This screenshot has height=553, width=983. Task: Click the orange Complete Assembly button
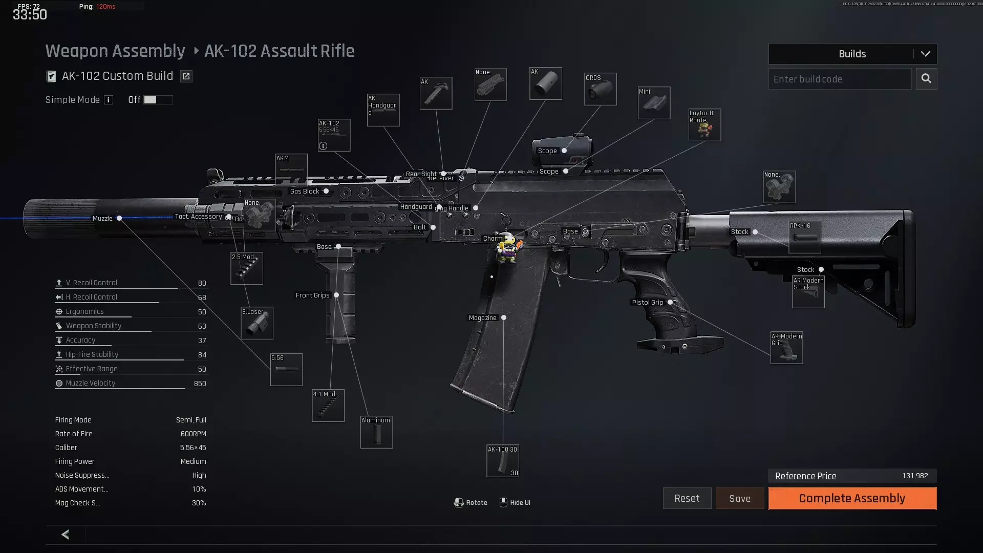pyautogui.click(x=852, y=498)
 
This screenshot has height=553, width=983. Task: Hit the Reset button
pyautogui.click(x=687, y=498)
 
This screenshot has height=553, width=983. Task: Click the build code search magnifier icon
pyautogui.click(x=926, y=79)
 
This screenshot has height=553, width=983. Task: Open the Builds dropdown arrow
pyautogui.click(x=925, y=54)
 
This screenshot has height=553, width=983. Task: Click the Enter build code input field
pyautogui.click(x=840, y=79)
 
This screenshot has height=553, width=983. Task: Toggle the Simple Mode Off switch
pyautogui.click(x=158, y=100)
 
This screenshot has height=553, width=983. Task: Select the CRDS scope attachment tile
pyautogui.click(x=600, y=89)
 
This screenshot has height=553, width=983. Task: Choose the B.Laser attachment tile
pyautogui.click(x=257, y=323)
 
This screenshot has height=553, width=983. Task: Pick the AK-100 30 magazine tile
pyautogui.click(x=502, y=461)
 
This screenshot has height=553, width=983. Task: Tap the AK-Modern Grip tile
pyautogui.click(x=786, y=348)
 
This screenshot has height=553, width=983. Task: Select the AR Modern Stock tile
pyautogui.click(x=808, y=292)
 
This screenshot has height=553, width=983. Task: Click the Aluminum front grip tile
pyautogui.click(x=376, y=432)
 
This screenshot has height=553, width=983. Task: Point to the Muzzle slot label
pyautogui.click(x=102, y=219)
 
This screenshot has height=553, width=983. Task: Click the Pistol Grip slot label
pyautogui.click(x=647, y=303)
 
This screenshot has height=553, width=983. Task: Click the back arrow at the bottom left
pyautogui.click(x=66, y=535)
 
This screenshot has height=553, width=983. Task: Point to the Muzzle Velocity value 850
pyautogui.click(x=200, y=384)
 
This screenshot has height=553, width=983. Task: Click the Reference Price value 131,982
pyautogui.click(x=914, y=476)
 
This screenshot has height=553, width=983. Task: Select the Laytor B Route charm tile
pyautogui.click(x=704, y=125)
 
